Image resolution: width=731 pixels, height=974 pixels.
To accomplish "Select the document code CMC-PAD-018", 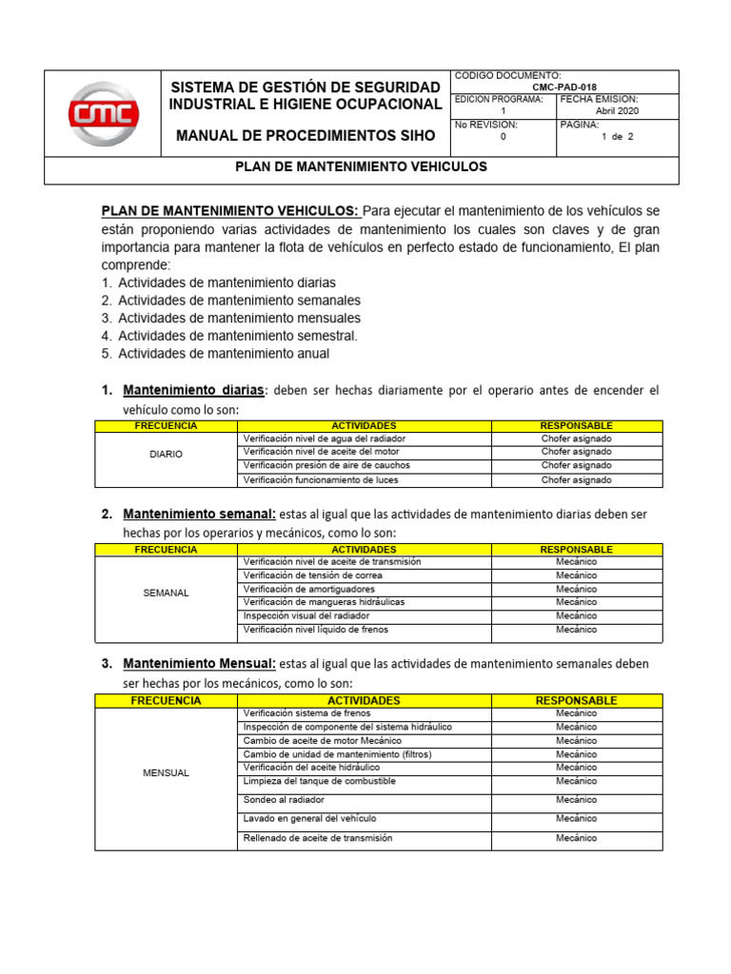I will (x=565, y=86).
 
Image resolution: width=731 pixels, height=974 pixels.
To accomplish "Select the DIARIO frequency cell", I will (x=166, y=454).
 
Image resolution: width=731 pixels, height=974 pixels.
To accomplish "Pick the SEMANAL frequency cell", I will (x=166, y=593).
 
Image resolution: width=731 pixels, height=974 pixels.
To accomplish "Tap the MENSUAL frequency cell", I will (x=166, y=773).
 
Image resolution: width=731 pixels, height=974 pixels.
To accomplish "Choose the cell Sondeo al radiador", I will (x=284, y=800).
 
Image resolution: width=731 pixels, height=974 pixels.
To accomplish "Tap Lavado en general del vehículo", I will (x=309, y=818).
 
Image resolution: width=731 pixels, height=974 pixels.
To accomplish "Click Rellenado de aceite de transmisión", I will (x=318, y=838).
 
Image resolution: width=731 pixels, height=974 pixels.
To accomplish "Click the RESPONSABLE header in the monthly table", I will (x=576, y=700).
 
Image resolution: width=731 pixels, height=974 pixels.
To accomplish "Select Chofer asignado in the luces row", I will (x=576, y=480).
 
